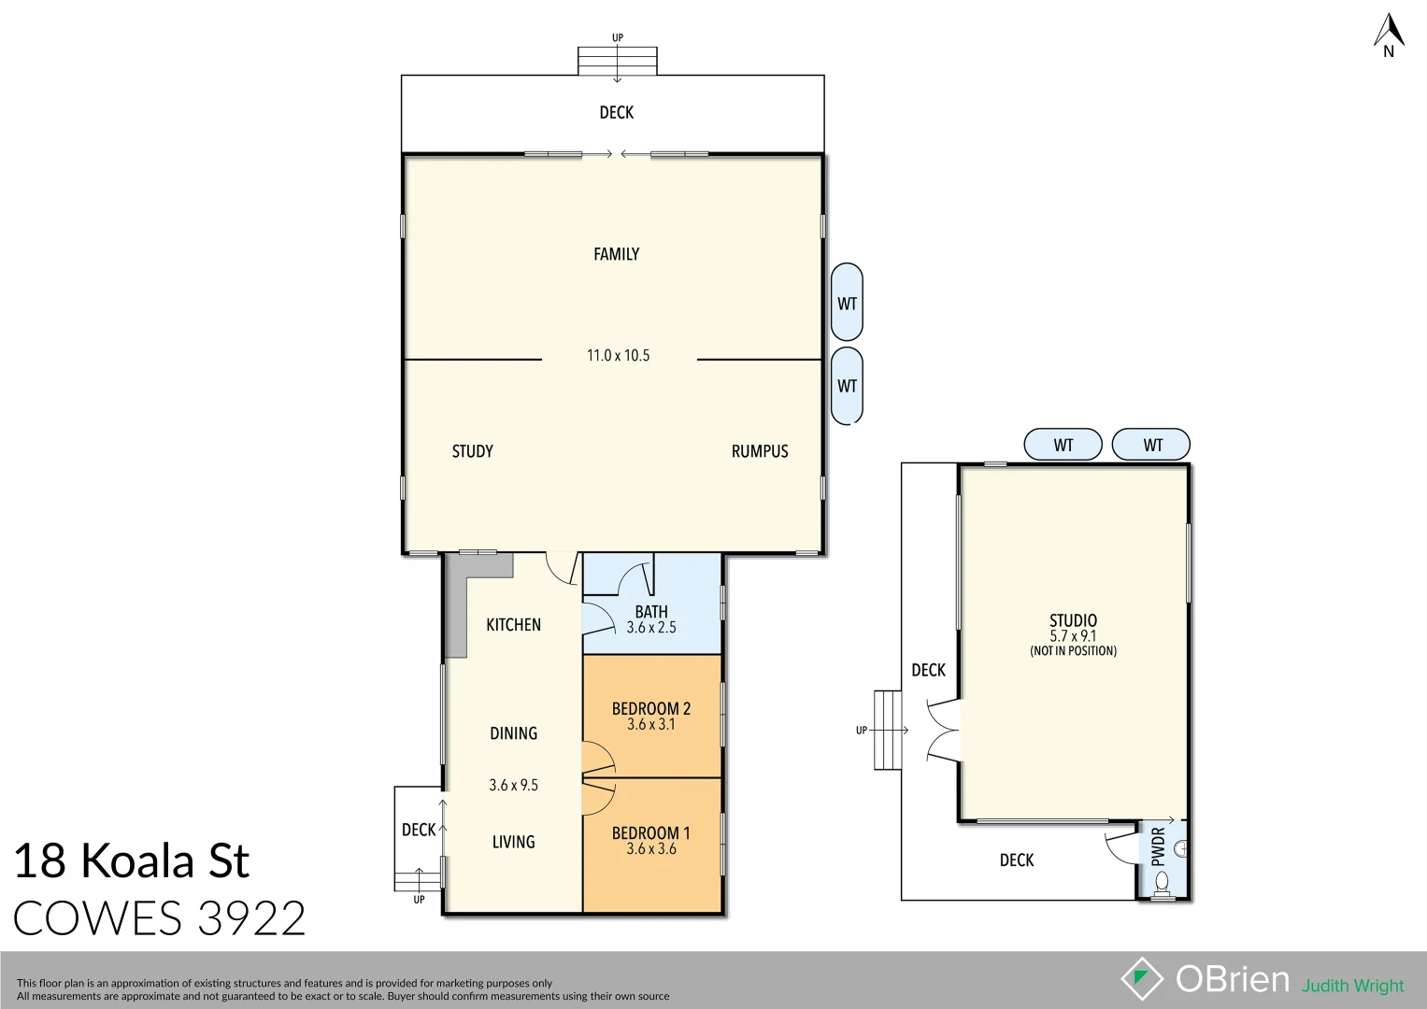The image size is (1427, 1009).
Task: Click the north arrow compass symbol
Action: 1389,34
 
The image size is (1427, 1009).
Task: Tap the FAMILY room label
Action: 616,254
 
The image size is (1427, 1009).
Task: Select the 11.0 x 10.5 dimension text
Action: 618,356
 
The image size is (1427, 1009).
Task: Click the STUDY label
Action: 472,451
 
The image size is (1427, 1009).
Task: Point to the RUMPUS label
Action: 759,451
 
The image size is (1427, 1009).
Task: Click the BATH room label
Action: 651,612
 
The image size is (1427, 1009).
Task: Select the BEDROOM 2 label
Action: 651,708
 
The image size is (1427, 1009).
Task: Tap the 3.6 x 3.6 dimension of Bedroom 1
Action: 651,849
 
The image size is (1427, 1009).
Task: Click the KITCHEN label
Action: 513,625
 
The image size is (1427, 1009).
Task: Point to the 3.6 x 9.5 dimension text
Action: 513,786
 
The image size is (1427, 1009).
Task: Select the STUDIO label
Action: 1073,620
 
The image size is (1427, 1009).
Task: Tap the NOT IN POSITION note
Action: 1073,651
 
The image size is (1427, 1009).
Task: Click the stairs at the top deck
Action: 617,61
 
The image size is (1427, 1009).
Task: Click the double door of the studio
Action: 944,730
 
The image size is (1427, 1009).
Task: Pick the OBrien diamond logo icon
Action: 1141,979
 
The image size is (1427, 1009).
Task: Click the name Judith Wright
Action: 1352,986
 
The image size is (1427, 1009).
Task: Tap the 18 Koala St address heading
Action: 131,860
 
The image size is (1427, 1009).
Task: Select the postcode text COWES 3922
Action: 159,918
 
